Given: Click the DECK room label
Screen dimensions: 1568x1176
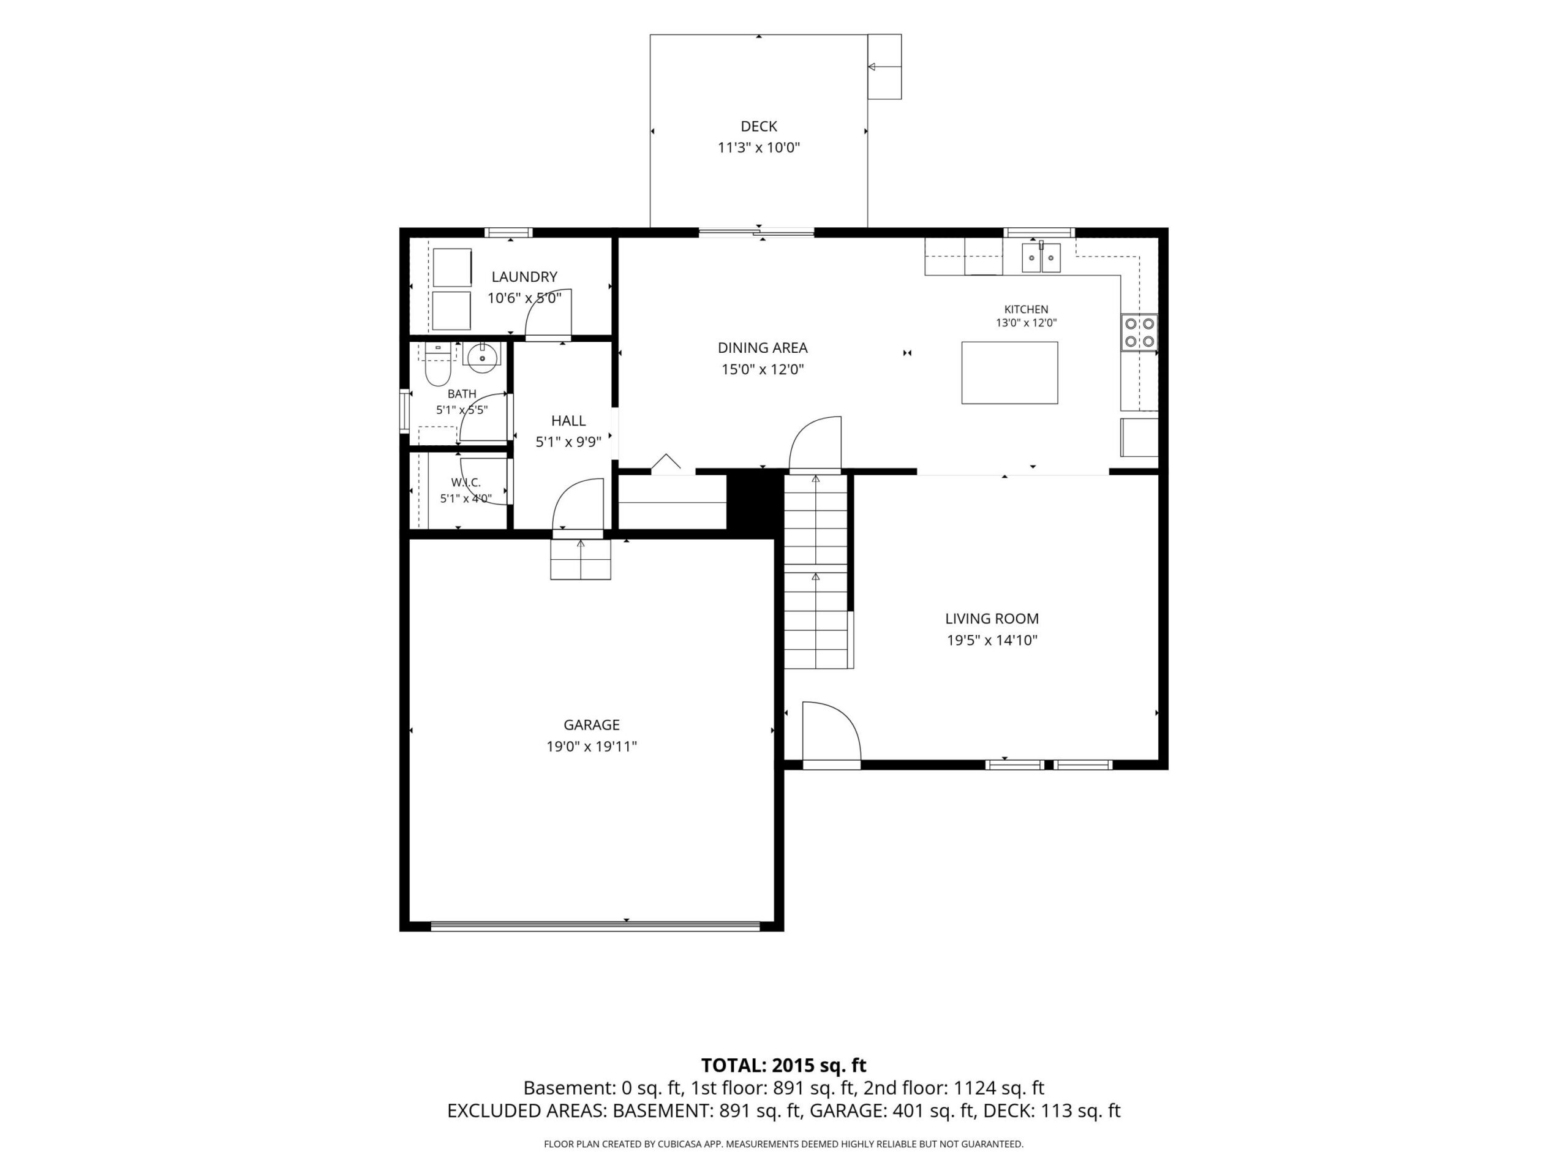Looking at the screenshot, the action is coord(758,126).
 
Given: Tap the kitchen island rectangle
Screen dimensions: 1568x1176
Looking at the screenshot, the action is coord(1009,373).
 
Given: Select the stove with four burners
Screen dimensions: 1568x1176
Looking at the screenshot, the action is coord(1139,333).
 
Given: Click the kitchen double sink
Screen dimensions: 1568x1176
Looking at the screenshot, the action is coord(1041,257).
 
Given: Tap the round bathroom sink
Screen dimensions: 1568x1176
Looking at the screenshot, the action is coord(482,356).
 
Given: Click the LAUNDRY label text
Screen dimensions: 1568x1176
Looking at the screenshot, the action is coord(524,276).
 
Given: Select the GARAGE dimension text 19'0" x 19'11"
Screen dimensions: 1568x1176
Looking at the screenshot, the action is coord(591,747).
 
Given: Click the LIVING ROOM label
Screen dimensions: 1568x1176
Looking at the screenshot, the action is coord(992,618).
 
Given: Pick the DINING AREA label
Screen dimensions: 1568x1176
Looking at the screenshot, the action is coord(763,347).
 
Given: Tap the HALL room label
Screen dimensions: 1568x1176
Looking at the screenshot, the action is coord(568,420).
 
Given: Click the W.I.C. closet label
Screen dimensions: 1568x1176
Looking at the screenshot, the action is coord(466,483).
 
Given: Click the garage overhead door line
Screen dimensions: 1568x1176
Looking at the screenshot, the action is coord(595,925).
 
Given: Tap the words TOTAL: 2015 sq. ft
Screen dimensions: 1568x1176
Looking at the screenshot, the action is coord(783,1065).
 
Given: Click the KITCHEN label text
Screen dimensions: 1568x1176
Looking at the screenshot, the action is coord(1026,309).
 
